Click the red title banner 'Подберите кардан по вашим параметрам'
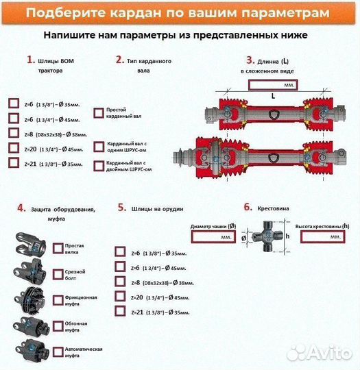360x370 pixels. tap(180, 14)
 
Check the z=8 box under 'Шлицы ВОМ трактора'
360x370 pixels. tap(14, 133)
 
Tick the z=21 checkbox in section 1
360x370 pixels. tap(14, 163)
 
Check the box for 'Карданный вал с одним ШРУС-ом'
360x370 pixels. tap(99, 146)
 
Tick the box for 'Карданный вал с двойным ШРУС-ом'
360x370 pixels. tap(99, 165)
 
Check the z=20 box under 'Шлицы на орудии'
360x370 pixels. tap(120, 297)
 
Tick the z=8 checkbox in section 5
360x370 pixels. tap(120, 282)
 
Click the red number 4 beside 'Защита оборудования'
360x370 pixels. tap(21, 208)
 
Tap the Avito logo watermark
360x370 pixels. tap(318, 353)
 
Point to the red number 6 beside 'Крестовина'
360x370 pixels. tap(248, 206)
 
